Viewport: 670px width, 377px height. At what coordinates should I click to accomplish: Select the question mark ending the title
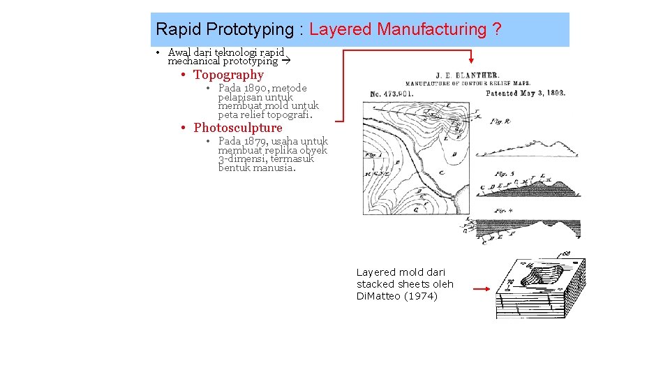click(x=496, y=29)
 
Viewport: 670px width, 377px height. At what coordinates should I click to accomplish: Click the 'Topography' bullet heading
click(x=228, y=75)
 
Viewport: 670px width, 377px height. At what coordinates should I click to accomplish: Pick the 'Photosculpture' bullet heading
click(x=237, y=128)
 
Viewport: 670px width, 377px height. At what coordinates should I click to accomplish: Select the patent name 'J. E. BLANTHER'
click(x=468, y=75)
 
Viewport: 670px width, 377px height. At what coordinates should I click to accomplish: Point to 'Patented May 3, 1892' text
click(x=525, y=93)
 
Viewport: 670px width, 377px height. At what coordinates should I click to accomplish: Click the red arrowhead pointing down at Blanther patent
click(x=471, y=61)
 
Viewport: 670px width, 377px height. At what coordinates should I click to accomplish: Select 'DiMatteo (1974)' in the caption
click(x=397, y=296)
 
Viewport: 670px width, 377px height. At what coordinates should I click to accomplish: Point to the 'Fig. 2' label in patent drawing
click(x=501, y=121)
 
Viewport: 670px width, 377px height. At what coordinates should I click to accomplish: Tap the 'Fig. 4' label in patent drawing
click(x=505, y=210)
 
